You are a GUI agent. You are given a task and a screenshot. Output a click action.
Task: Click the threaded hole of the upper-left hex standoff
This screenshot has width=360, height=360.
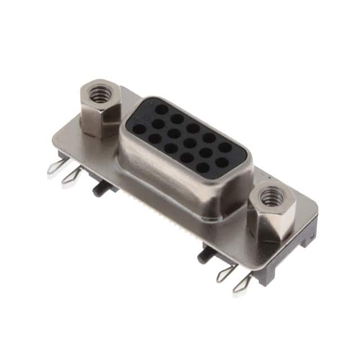pyautogui.click(x=100, y=96)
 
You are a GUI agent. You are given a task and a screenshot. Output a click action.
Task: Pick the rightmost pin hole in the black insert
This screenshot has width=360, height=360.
pyautogui.click(x=226, y=147)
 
